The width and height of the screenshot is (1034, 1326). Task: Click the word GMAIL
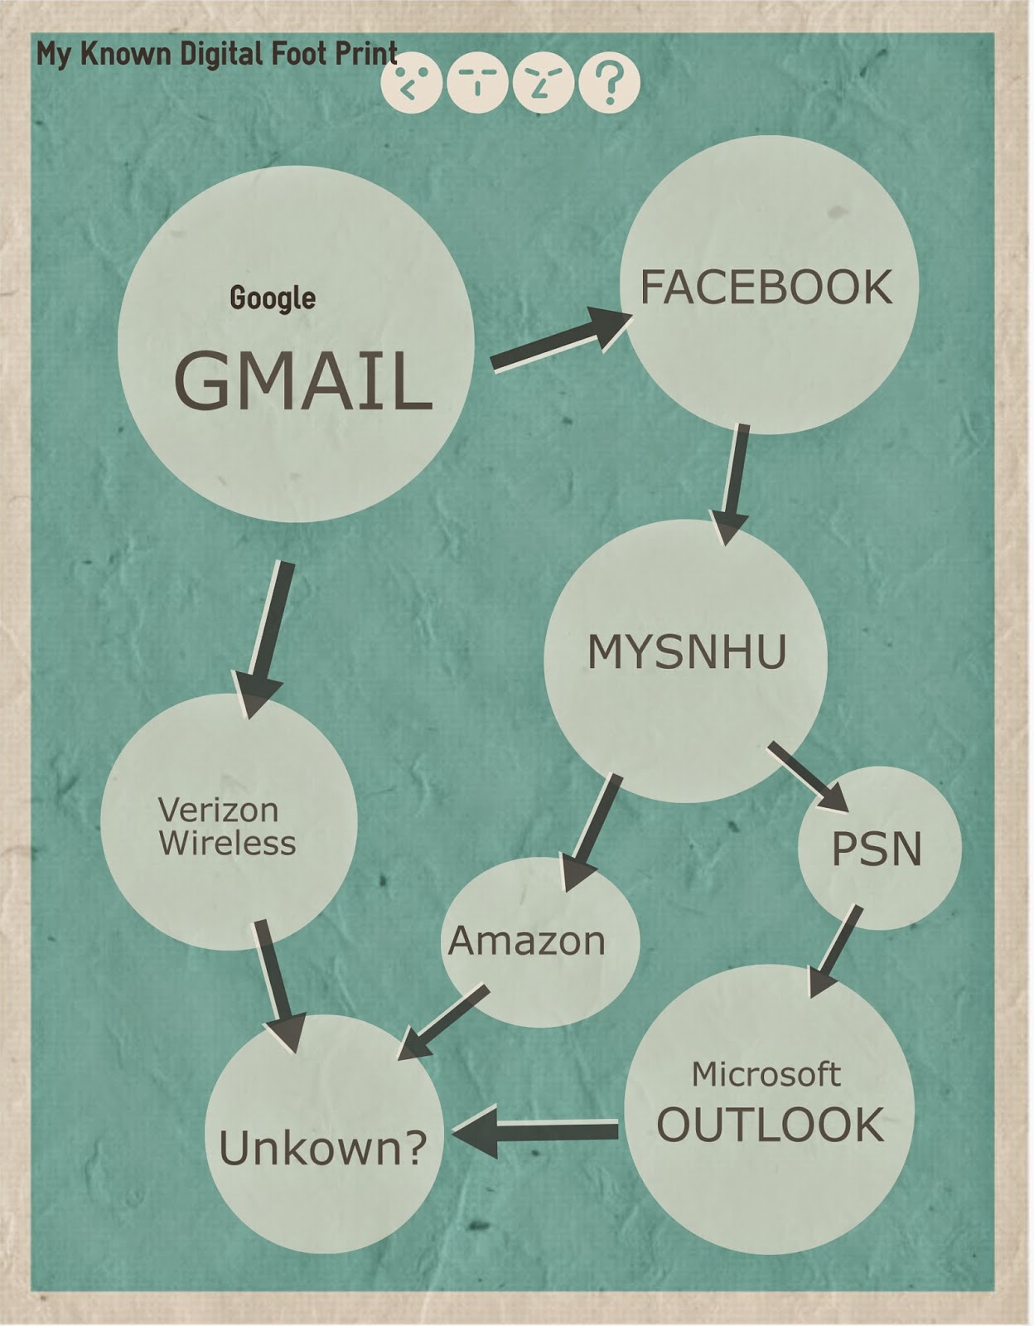click(302, 381)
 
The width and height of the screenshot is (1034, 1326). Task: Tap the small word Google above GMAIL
click(273, 298)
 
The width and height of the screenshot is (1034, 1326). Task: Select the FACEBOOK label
click(766, 287)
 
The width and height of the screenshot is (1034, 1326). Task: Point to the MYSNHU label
click(687, 651)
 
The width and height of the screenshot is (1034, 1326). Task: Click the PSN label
click(877, 849)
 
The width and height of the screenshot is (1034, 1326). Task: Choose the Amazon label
click(527, 941)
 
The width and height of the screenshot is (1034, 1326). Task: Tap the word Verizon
click(218, 809)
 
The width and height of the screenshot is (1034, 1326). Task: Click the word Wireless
click(227, 843)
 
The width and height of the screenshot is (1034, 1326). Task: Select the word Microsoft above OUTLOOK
click(766, 1074)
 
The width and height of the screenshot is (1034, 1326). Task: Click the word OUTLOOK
click(770, 1125)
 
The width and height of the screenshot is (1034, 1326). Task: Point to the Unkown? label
click(323, 1148)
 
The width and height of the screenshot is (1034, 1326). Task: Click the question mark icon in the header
click(609, 82)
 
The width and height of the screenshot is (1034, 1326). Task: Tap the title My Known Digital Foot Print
click(217, 55)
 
